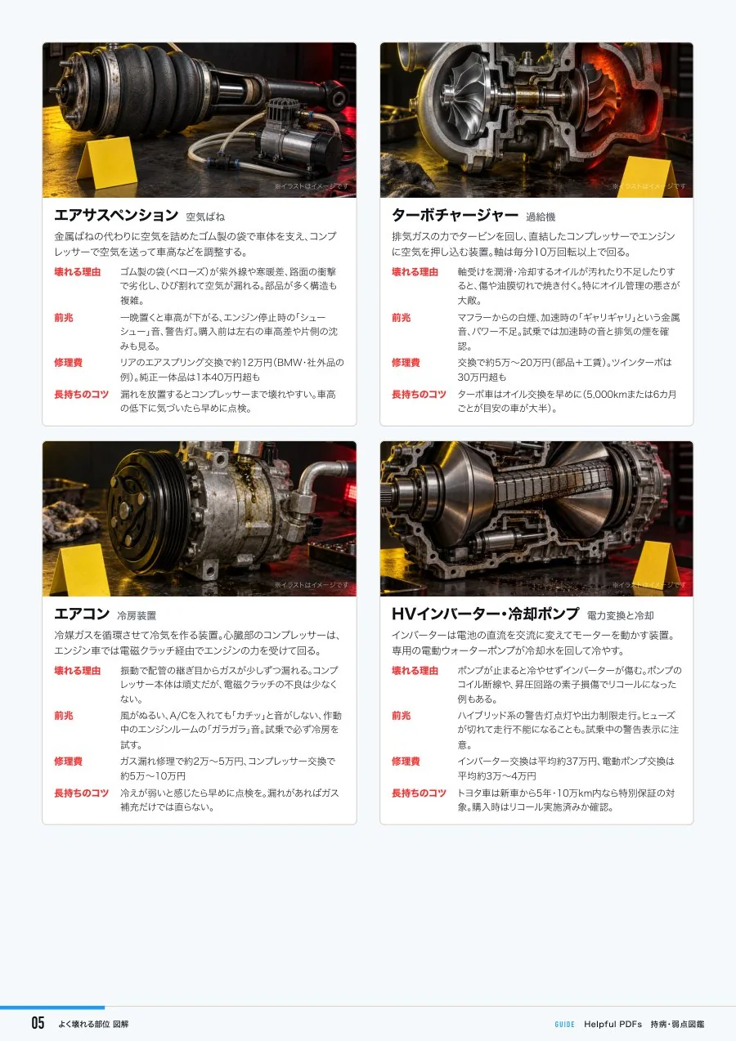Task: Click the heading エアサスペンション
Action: [116, 215]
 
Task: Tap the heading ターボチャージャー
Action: [455, 215]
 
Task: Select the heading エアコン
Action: [82, 614]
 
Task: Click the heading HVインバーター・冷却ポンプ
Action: [485, 614]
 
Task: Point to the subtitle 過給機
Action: [541, 217]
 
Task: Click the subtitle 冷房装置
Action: [137, 616]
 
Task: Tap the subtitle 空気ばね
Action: [205, 217]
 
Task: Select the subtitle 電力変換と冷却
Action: [620, 616]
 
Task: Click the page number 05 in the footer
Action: [38, 1023]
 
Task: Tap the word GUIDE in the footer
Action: [564, 1025]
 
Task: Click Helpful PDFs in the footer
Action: [613, 1025]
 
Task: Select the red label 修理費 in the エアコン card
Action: [69, 762]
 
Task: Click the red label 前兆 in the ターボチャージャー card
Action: [401, 318]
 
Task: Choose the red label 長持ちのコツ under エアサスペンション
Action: [82, 395]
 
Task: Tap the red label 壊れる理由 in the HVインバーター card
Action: [415, 671]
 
